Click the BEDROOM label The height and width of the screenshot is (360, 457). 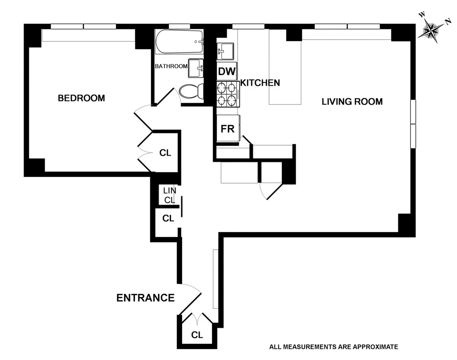pyautogui.click(x=81, y=98)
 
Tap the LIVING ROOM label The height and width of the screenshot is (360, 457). pyautogui.click(x=352, y=102)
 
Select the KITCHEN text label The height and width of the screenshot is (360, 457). pyautogui.click(x=260, y=83)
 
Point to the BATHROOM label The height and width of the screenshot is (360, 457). pyautogui.click(x=171, y=66)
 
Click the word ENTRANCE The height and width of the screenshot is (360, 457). pyautogui.click(x=145, y=298)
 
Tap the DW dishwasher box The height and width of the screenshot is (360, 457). pyautogui.click(x=227, y=71)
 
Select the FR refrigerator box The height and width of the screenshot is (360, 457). pyautogui.click(x=227, y=129)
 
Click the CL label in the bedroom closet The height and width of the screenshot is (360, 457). pyautogui.click(x=165, y=153)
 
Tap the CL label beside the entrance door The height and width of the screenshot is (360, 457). pyautogui.click(x=197, y=335)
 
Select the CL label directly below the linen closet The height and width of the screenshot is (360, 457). pyautogui.click(x=168, y=219)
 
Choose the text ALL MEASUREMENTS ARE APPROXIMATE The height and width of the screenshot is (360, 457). pyautogui.click(x=333, y=347)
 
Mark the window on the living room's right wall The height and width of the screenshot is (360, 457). pyautogui.click(x=413, y=124)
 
